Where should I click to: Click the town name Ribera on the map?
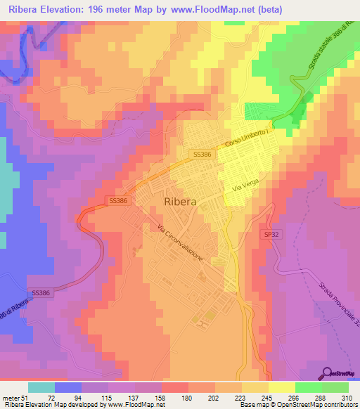point(180,202)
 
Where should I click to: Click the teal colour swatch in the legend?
point(41,387)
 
